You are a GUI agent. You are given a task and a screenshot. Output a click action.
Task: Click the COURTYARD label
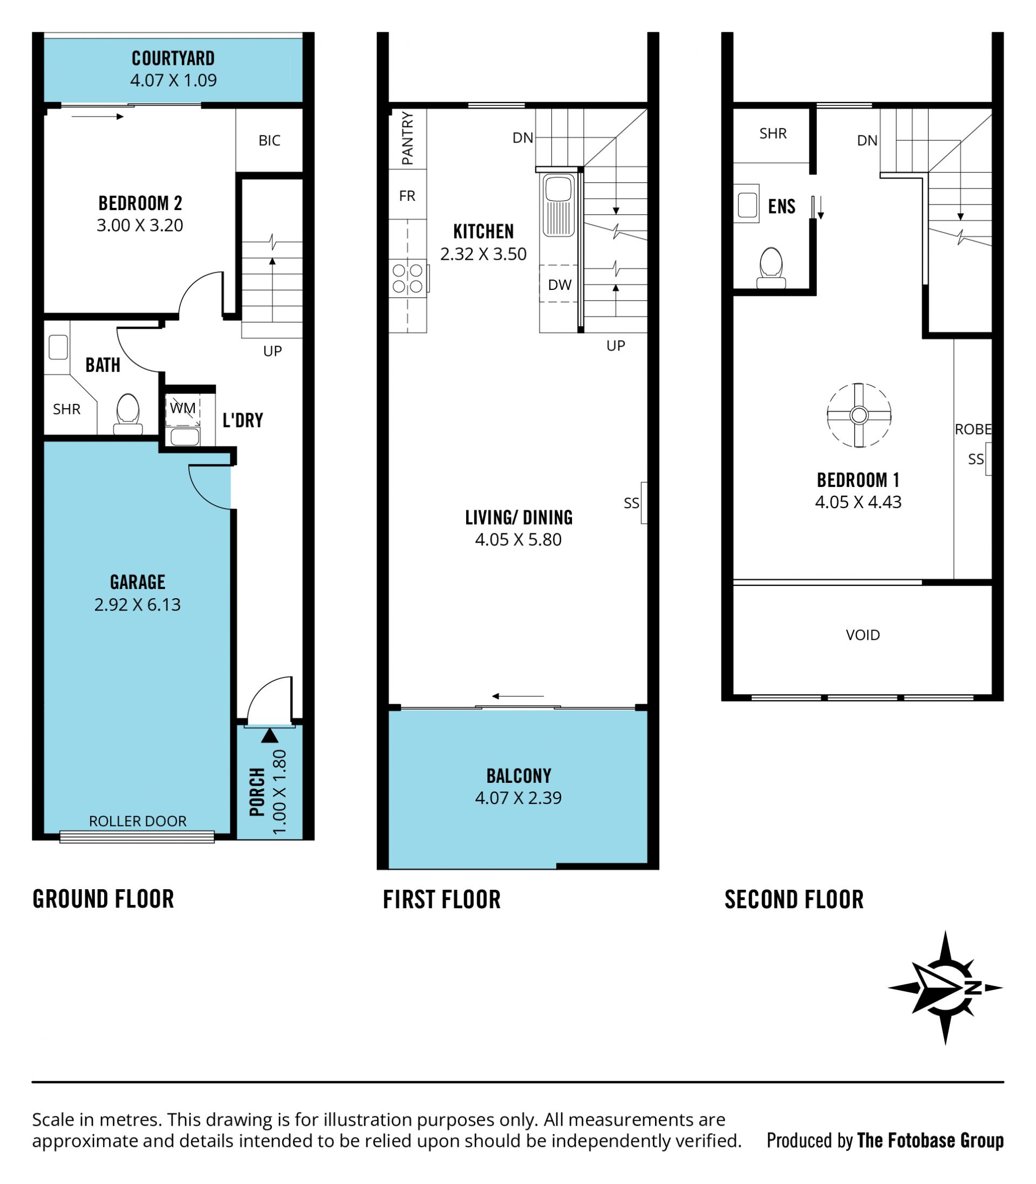coord(173,58)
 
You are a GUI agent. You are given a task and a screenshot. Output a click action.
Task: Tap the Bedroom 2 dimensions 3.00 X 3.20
coord(140,225)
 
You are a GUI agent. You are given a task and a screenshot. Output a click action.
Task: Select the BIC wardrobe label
coord(269,140)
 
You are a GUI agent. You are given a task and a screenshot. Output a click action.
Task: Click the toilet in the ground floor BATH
coord(128,414)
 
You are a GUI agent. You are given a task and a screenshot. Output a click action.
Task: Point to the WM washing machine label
coord(183,408)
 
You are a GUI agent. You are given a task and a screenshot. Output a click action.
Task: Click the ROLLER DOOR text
coord(138,821)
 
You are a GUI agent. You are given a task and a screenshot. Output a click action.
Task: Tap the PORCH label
coord(257,792)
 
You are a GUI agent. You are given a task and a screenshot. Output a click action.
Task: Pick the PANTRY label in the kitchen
coord(407,138)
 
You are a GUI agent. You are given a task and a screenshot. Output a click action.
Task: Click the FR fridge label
coord(407,196)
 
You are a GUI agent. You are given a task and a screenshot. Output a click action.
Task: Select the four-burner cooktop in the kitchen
coord(408,278)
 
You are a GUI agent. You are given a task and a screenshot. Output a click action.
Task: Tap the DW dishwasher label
coord(560,285)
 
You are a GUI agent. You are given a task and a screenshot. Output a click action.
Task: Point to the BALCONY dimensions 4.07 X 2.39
coord(518,797)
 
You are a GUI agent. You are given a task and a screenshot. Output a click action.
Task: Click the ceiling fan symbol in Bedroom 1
coord(859,415)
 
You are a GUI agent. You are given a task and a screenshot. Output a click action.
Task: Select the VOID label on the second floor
coord(863,635)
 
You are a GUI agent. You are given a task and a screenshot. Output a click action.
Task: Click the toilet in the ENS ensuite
coord(771,268)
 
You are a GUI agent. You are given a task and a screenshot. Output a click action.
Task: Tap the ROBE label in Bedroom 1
coord(973,429)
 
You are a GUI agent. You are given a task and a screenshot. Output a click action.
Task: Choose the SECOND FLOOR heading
coord(794,899)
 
